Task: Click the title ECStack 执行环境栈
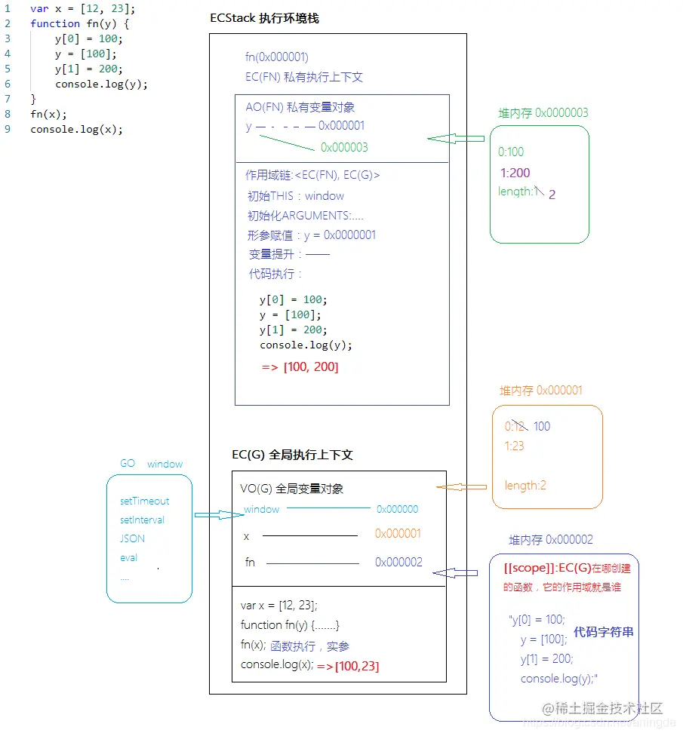tap(264, 18)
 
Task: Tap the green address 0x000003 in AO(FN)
tap(344, 147)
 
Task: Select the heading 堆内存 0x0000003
tap(543, 113)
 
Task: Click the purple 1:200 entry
tap(515, 173)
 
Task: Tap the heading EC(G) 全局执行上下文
tap(292, 455)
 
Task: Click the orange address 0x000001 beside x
tap(398, 534)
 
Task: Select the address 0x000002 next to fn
tap(398, 562)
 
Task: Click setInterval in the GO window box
tap(142, 520)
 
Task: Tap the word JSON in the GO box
tap(132, 538)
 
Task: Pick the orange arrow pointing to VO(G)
tap(460, 487)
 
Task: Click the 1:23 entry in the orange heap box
tap(514, 446)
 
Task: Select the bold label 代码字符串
tap(603, 632)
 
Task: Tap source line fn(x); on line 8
tap(48, 114)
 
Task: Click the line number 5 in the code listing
tap(8, 69)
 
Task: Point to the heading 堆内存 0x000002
tap(550, 540)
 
